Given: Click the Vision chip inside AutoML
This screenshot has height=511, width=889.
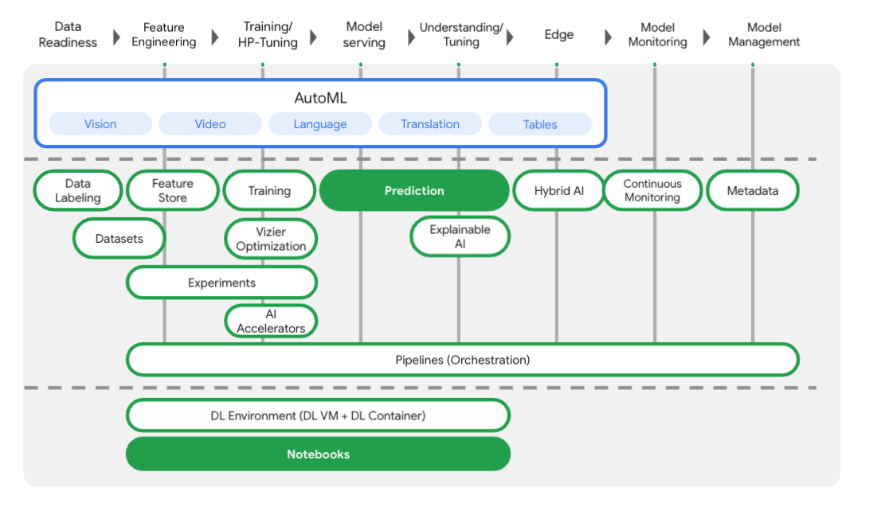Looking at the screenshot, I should pyautogui.click(x=100, y=124).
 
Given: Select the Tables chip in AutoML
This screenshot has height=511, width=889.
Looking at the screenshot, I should pyautogui.click(x=540, y=124).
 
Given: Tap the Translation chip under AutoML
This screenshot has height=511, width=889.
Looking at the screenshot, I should pyautogui.click(x=430, y=124).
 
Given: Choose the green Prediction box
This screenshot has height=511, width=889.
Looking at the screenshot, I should pyautogui.click(x=414, y=191).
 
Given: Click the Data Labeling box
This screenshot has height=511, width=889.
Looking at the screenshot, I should pyautogui.click(x=78, y=191).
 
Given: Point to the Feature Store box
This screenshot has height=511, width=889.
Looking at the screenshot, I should pyautogui.click(x=173, y=191).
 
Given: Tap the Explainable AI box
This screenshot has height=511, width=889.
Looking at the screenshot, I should pyautogui.click(x=460, y=237).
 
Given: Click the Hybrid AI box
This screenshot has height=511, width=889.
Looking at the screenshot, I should pyautogui.click(x=558, y=191).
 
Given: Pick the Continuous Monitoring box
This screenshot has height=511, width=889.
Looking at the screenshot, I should pyautogui.click(x=652, y=191).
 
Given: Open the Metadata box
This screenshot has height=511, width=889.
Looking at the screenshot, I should pyautogui.click(x=753, y=191).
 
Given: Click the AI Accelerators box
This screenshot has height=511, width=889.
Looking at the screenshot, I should pyautogui.click(x=271, y=322).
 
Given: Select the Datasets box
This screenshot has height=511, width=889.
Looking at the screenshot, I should pyautogui.click(x=119, y=239).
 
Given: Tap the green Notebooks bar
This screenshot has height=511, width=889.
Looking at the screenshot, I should pyautogui.click(x=318, y=454).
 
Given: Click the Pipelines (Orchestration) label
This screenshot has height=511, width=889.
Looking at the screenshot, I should pyautogui.click(x=462, y=360).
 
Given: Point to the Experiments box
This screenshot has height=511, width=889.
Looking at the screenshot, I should pyautogui.click(x=221, y=283).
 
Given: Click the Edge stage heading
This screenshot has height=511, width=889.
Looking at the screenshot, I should pyautogui.click(x=558, y=34).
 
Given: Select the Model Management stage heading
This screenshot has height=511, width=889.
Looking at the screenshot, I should pyautogui.click(x=763, y=34).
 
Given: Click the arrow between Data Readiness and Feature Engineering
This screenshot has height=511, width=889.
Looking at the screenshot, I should pyautogui.click(x=117, y=37).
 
